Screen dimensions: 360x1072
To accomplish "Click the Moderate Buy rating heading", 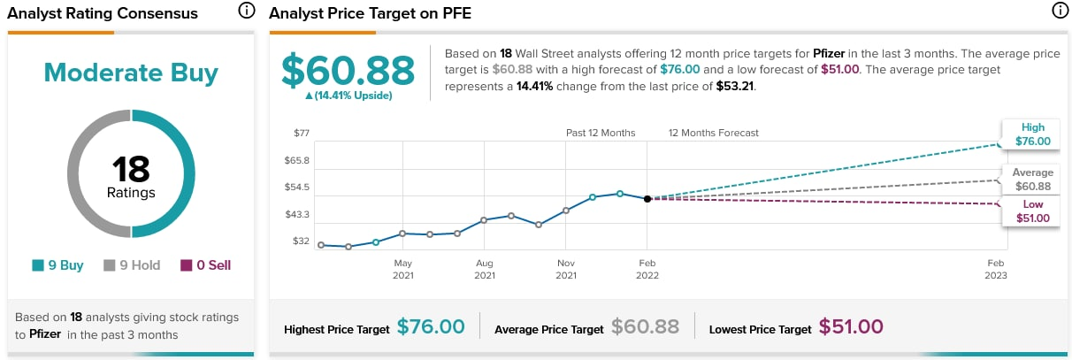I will (131, 73).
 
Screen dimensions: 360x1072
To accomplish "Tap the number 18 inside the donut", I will (131, 168).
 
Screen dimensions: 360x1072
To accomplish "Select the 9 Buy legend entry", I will (57, 265).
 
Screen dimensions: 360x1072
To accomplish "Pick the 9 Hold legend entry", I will (132, 265).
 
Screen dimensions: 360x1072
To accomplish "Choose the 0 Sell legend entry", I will (205, 265).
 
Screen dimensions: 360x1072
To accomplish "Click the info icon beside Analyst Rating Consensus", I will (247, 11).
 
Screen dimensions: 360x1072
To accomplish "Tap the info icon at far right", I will (1060, 11).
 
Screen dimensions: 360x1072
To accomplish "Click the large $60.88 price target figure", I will (348, 71).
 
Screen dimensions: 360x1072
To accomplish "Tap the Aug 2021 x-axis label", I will (484, 269).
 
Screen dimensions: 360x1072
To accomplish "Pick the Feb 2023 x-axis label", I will (997, 269).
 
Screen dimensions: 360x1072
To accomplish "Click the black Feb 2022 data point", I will (647, 199).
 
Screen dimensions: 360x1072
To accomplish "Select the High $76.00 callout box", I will (1032, 134).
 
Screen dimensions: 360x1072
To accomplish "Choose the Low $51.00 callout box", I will (1032, 211).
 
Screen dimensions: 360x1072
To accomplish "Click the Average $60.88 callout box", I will (1032, 180).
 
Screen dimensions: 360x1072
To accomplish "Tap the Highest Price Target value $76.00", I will (431, 327).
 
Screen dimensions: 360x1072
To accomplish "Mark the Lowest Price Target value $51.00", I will (851, 327).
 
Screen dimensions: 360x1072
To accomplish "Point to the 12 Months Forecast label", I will (714, 134).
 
